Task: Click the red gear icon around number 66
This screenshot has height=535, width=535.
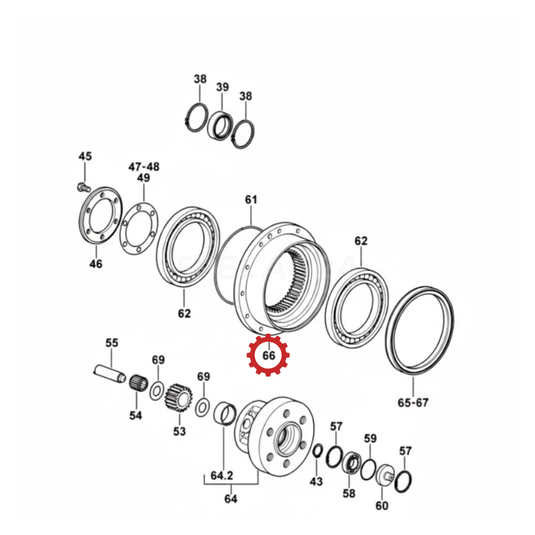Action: (x=268, y=355)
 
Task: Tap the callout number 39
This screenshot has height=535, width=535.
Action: (x=222, y=87)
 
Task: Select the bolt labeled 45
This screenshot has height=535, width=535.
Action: (x=83, y=187)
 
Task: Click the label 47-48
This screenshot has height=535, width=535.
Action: (x=144, y=167)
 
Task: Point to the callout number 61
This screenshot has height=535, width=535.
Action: (x=251, y=199)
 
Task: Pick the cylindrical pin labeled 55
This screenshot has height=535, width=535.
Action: (x=110, y=374)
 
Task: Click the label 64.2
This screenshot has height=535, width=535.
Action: (x=222, y=475)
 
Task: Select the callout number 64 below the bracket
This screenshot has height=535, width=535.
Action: (x=231, y=499)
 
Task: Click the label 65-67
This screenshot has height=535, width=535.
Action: (x=413, y=403)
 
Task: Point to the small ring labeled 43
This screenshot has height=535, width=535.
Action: (x=317, y=451)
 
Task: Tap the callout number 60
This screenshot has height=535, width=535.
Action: (x=382, y=506)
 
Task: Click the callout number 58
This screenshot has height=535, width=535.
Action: (x=348, y=494)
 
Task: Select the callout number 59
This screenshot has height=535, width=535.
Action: (x=370, y=439)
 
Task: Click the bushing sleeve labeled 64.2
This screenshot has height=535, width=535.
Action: (x=225, y=414)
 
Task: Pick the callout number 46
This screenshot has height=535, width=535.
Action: (x=96, y=263)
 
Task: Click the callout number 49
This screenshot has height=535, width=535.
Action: (x=143, y=178)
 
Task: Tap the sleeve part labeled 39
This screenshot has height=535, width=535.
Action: (x=220, y=125)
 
